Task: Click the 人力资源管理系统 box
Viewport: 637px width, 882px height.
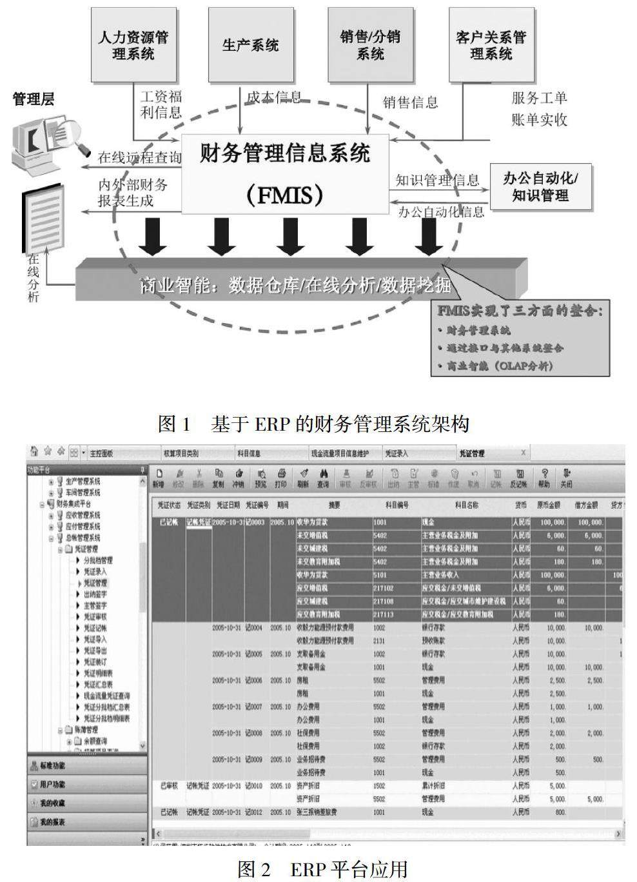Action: coord(133,44)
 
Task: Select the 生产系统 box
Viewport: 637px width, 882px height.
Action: coord(251,44)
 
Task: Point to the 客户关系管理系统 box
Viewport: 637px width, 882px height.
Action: coord(491,44)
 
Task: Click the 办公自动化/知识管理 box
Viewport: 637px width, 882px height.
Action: coord(540,187)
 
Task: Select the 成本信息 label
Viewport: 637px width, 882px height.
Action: coord(274,97)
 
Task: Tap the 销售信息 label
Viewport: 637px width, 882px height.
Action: coord(411,102)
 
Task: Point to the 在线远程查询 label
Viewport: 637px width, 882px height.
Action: coord(139,157)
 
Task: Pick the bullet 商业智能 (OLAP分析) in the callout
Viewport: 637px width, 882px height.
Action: coord(500,366)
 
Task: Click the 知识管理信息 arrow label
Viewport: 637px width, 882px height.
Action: coord(437,181)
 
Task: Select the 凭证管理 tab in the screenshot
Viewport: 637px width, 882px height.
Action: coord(472,453)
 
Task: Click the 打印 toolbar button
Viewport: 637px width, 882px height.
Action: coord(280,478)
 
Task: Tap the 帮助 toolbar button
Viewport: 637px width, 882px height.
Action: coord(545,478)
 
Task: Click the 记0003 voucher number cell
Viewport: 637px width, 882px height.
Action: coord(255,522)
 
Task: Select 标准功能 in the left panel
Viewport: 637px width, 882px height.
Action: coord(52,766)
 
